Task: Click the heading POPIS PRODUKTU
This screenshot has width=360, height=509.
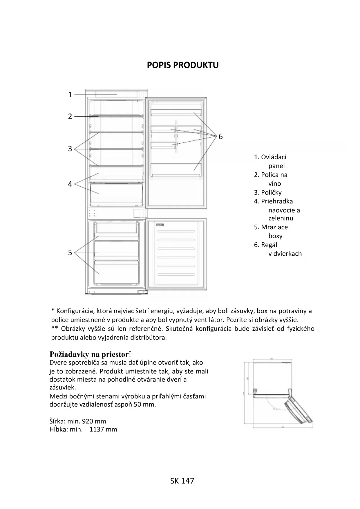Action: point(182,65)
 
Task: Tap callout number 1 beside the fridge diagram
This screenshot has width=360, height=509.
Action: point(70,95)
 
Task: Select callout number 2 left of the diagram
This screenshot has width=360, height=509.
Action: point(70,116)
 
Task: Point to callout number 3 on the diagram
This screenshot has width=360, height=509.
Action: point(70,149)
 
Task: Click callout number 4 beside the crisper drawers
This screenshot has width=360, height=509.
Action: point(70,184)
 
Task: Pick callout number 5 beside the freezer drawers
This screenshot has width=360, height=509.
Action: point(70,253)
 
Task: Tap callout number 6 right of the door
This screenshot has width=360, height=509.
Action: point(220,136)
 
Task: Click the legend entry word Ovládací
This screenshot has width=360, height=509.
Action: point(274,157)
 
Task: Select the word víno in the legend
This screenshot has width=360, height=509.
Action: point(274,183)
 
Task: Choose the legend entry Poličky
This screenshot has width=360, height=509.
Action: point(271,192)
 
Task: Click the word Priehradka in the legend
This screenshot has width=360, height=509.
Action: point(277,201)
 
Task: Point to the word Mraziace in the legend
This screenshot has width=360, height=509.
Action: point(274,227)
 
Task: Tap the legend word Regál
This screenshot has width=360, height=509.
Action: point(269,245)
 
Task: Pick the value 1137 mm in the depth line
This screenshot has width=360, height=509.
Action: point(103,429)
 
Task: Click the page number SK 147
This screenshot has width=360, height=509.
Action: point(182,481)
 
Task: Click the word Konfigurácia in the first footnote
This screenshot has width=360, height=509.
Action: point(75,311)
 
